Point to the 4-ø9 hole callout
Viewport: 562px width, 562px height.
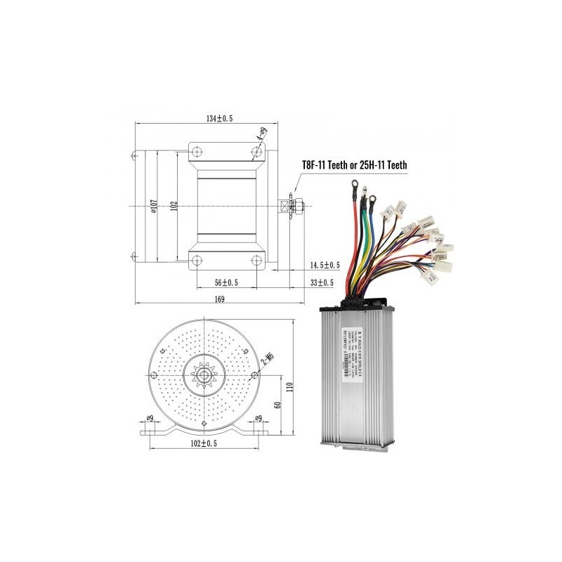[261, 137]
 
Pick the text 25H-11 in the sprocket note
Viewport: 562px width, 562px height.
[377, 165]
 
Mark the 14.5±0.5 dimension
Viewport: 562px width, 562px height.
[324, 265]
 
